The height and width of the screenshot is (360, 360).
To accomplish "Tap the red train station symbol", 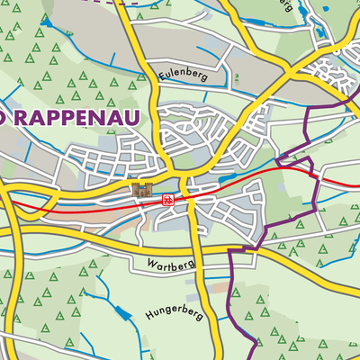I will coord(166,200).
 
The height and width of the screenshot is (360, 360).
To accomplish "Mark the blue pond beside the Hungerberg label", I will coord(121,314).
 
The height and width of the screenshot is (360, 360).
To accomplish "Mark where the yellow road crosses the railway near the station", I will coord(184,195).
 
